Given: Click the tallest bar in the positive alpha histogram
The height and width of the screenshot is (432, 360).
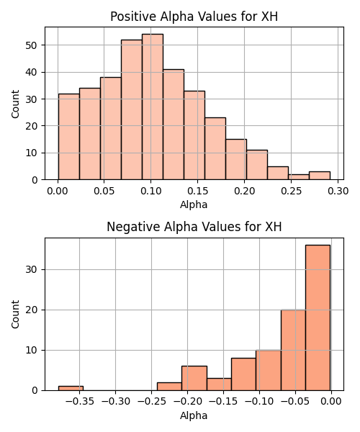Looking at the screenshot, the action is [x=153, y=107].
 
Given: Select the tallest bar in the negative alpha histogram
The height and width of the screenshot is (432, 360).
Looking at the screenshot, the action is [x=318, y=318].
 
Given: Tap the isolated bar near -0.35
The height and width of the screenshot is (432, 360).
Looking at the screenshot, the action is [x=71, y=388].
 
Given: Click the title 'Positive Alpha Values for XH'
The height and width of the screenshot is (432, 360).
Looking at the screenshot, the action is [x=194, y=17].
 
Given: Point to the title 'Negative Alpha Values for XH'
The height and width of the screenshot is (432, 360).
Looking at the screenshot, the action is [x=194, y=227].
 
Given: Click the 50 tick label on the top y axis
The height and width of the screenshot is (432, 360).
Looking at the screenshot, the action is [x=31, y=45].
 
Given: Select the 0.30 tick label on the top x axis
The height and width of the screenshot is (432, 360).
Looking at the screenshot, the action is [x=338, y=191].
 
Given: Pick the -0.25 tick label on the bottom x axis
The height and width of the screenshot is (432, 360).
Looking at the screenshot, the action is [x=151, y=402].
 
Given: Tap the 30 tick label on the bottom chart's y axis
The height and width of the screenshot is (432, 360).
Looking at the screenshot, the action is [x=31, y=269].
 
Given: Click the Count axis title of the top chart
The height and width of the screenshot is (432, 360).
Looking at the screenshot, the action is [x=15, y=104].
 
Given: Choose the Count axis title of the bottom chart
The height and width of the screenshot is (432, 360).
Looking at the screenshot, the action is [x=15, y=315].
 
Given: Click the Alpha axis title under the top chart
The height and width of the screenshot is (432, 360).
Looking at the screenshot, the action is [x=194, y=204].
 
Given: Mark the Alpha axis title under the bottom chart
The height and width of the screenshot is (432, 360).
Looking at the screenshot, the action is [x=194, y=415].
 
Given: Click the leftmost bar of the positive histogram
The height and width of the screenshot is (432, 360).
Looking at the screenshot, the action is [x=69, y=137].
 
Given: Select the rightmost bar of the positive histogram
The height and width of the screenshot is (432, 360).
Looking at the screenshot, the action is [x=320, y=176].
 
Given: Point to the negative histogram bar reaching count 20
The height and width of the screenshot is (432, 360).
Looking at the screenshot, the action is [x=293, y=350].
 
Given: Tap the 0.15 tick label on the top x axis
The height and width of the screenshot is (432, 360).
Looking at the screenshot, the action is [x=197, y=191].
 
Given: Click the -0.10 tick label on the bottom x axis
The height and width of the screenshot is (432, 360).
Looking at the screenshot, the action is [x=259, y=402].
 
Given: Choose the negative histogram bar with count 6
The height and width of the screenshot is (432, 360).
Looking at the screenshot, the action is [x=194, y=378].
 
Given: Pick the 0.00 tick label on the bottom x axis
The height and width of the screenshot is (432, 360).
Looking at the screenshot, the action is [x=331, y=402].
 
